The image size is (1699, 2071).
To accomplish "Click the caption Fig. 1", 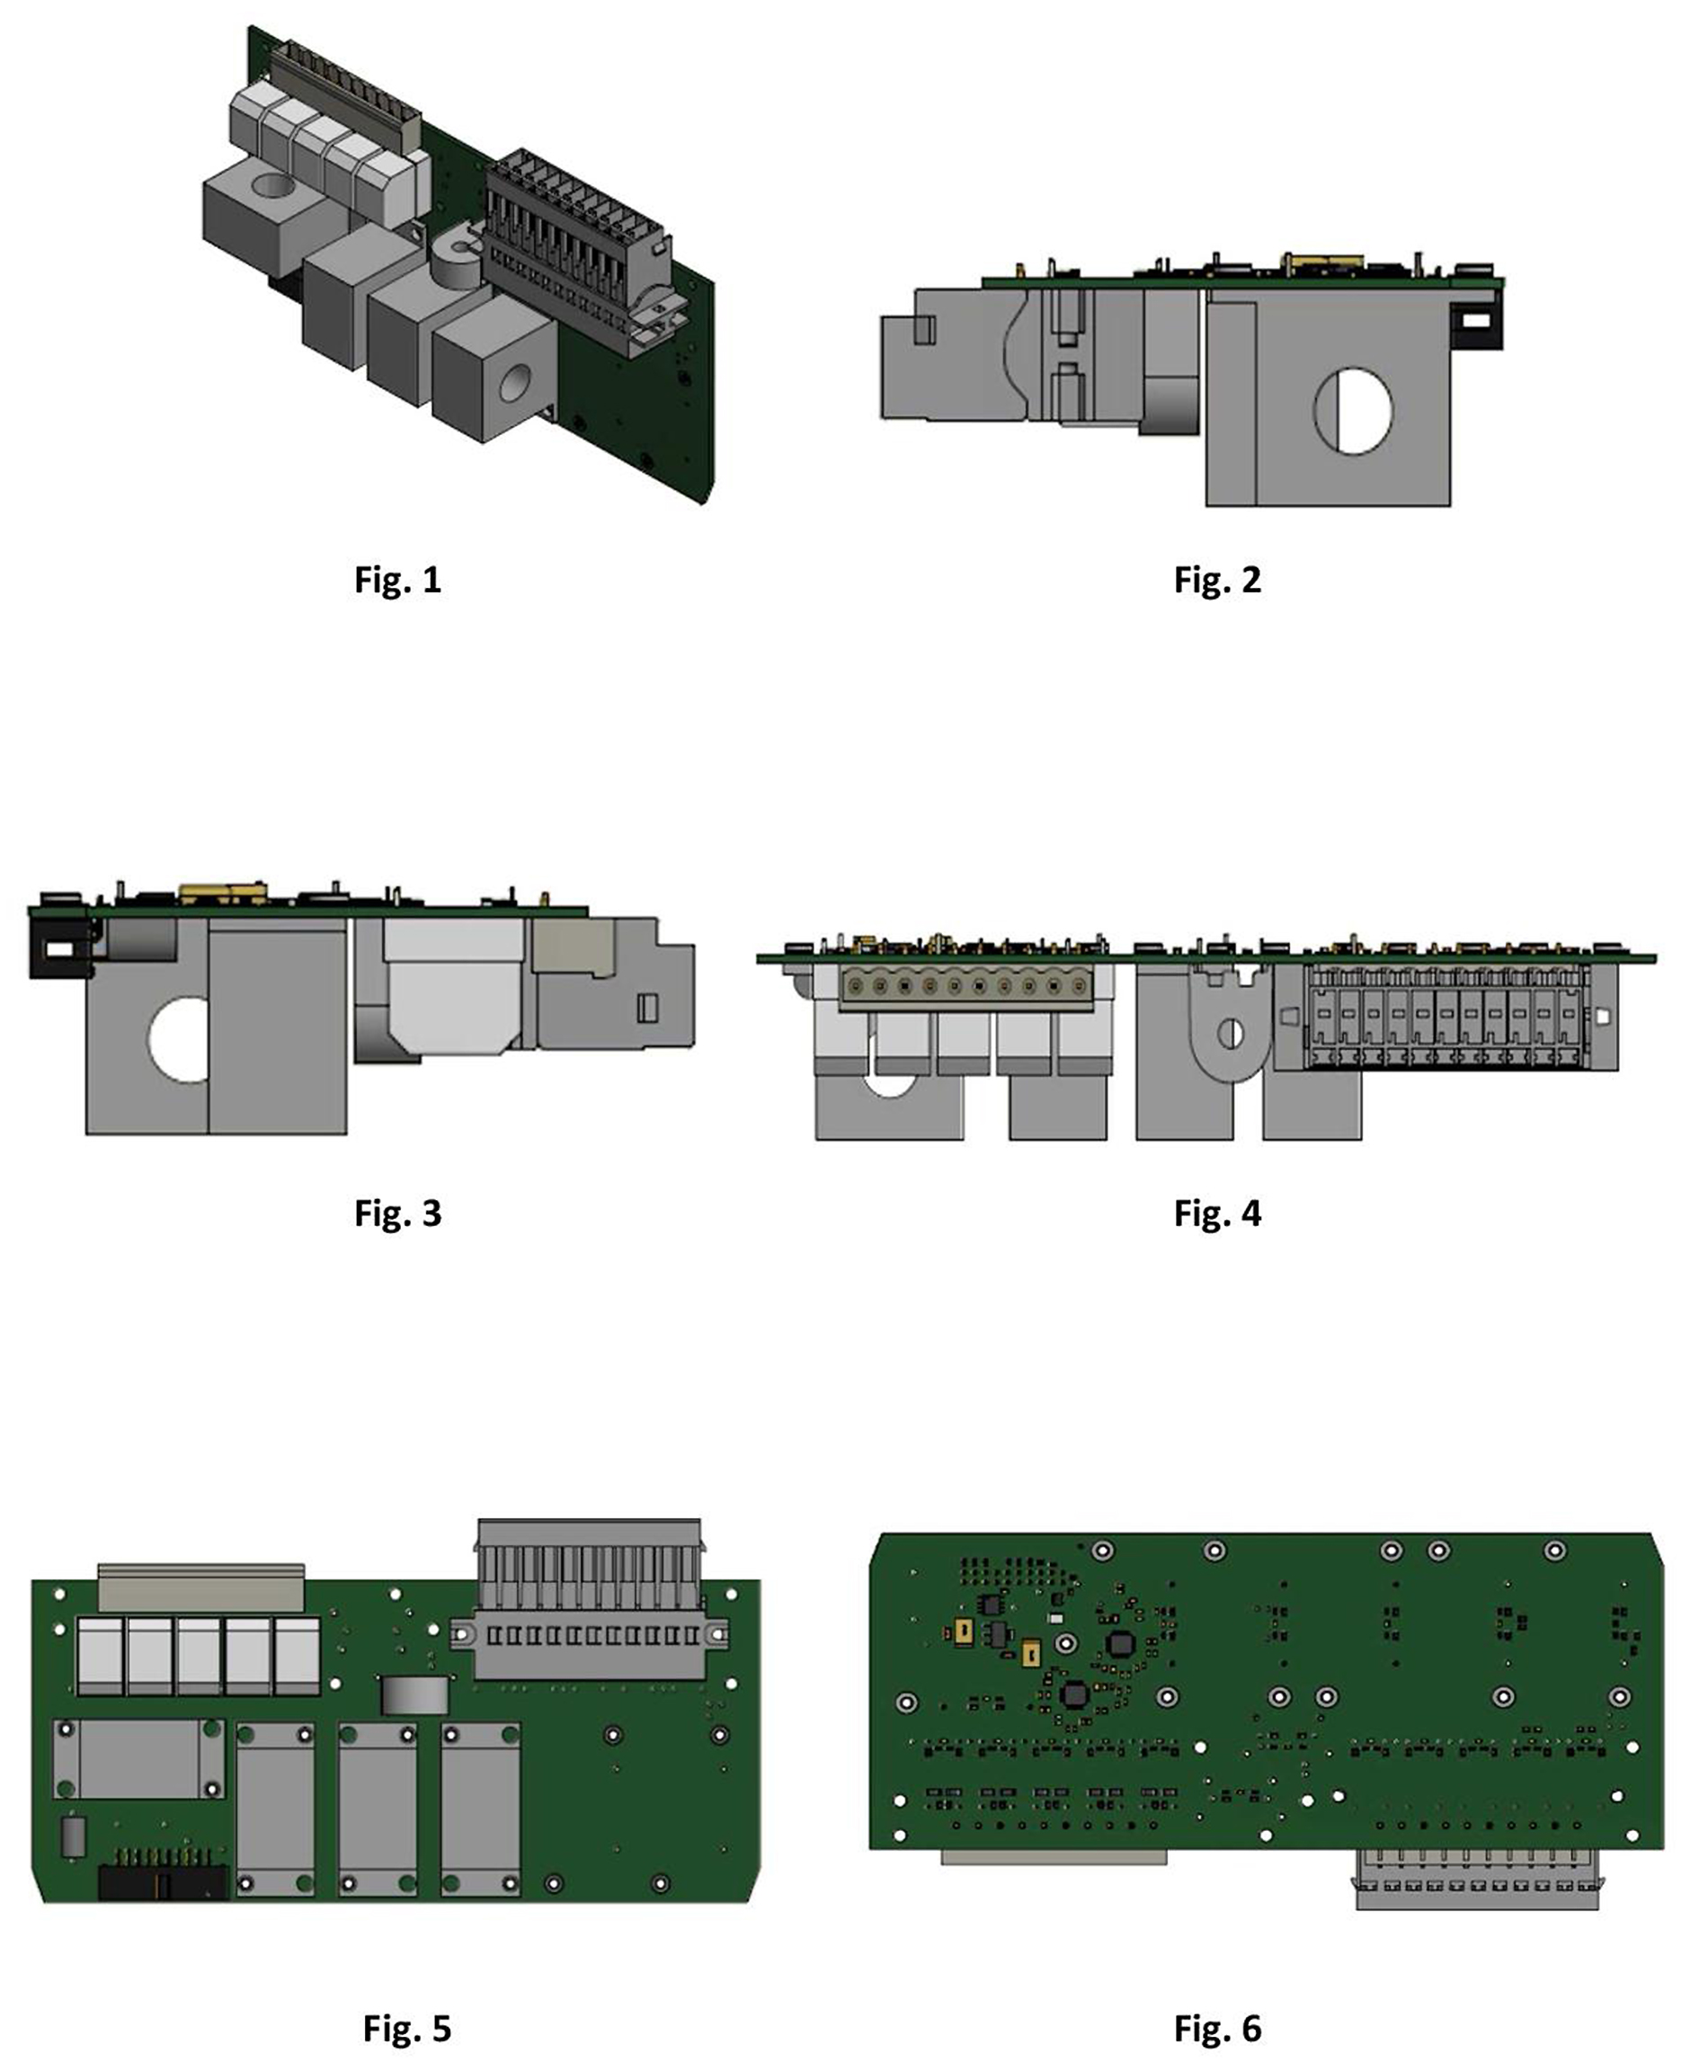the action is tap(397, 581).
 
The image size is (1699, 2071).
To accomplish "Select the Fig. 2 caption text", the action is tap(1217, 581).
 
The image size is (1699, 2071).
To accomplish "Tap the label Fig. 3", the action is tap(397, 1213).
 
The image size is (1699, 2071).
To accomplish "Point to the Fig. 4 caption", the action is tap(1217, 1213).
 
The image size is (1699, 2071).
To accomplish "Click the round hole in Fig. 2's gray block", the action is tap(1353, 410).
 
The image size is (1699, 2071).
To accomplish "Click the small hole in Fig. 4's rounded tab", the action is tap(1232, 1034).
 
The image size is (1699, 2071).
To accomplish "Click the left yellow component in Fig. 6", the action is tap(960, 1630).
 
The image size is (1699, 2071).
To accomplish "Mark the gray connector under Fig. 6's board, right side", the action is tap(1477, 1880).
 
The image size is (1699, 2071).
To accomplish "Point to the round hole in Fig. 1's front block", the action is tap(515, 384).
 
